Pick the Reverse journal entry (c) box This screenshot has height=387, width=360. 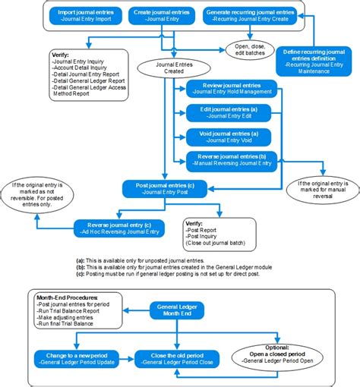(117, 225)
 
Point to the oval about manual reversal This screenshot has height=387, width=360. (321, 190)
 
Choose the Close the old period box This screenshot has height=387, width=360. (175, 359)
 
